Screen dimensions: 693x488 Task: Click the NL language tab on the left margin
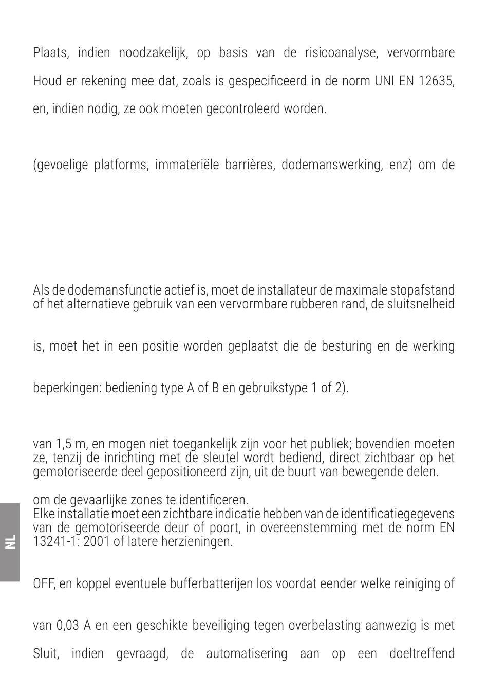click(10, 542)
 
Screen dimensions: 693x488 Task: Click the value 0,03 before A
click(68, 626)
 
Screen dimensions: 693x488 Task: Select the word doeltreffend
click(422, 654)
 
